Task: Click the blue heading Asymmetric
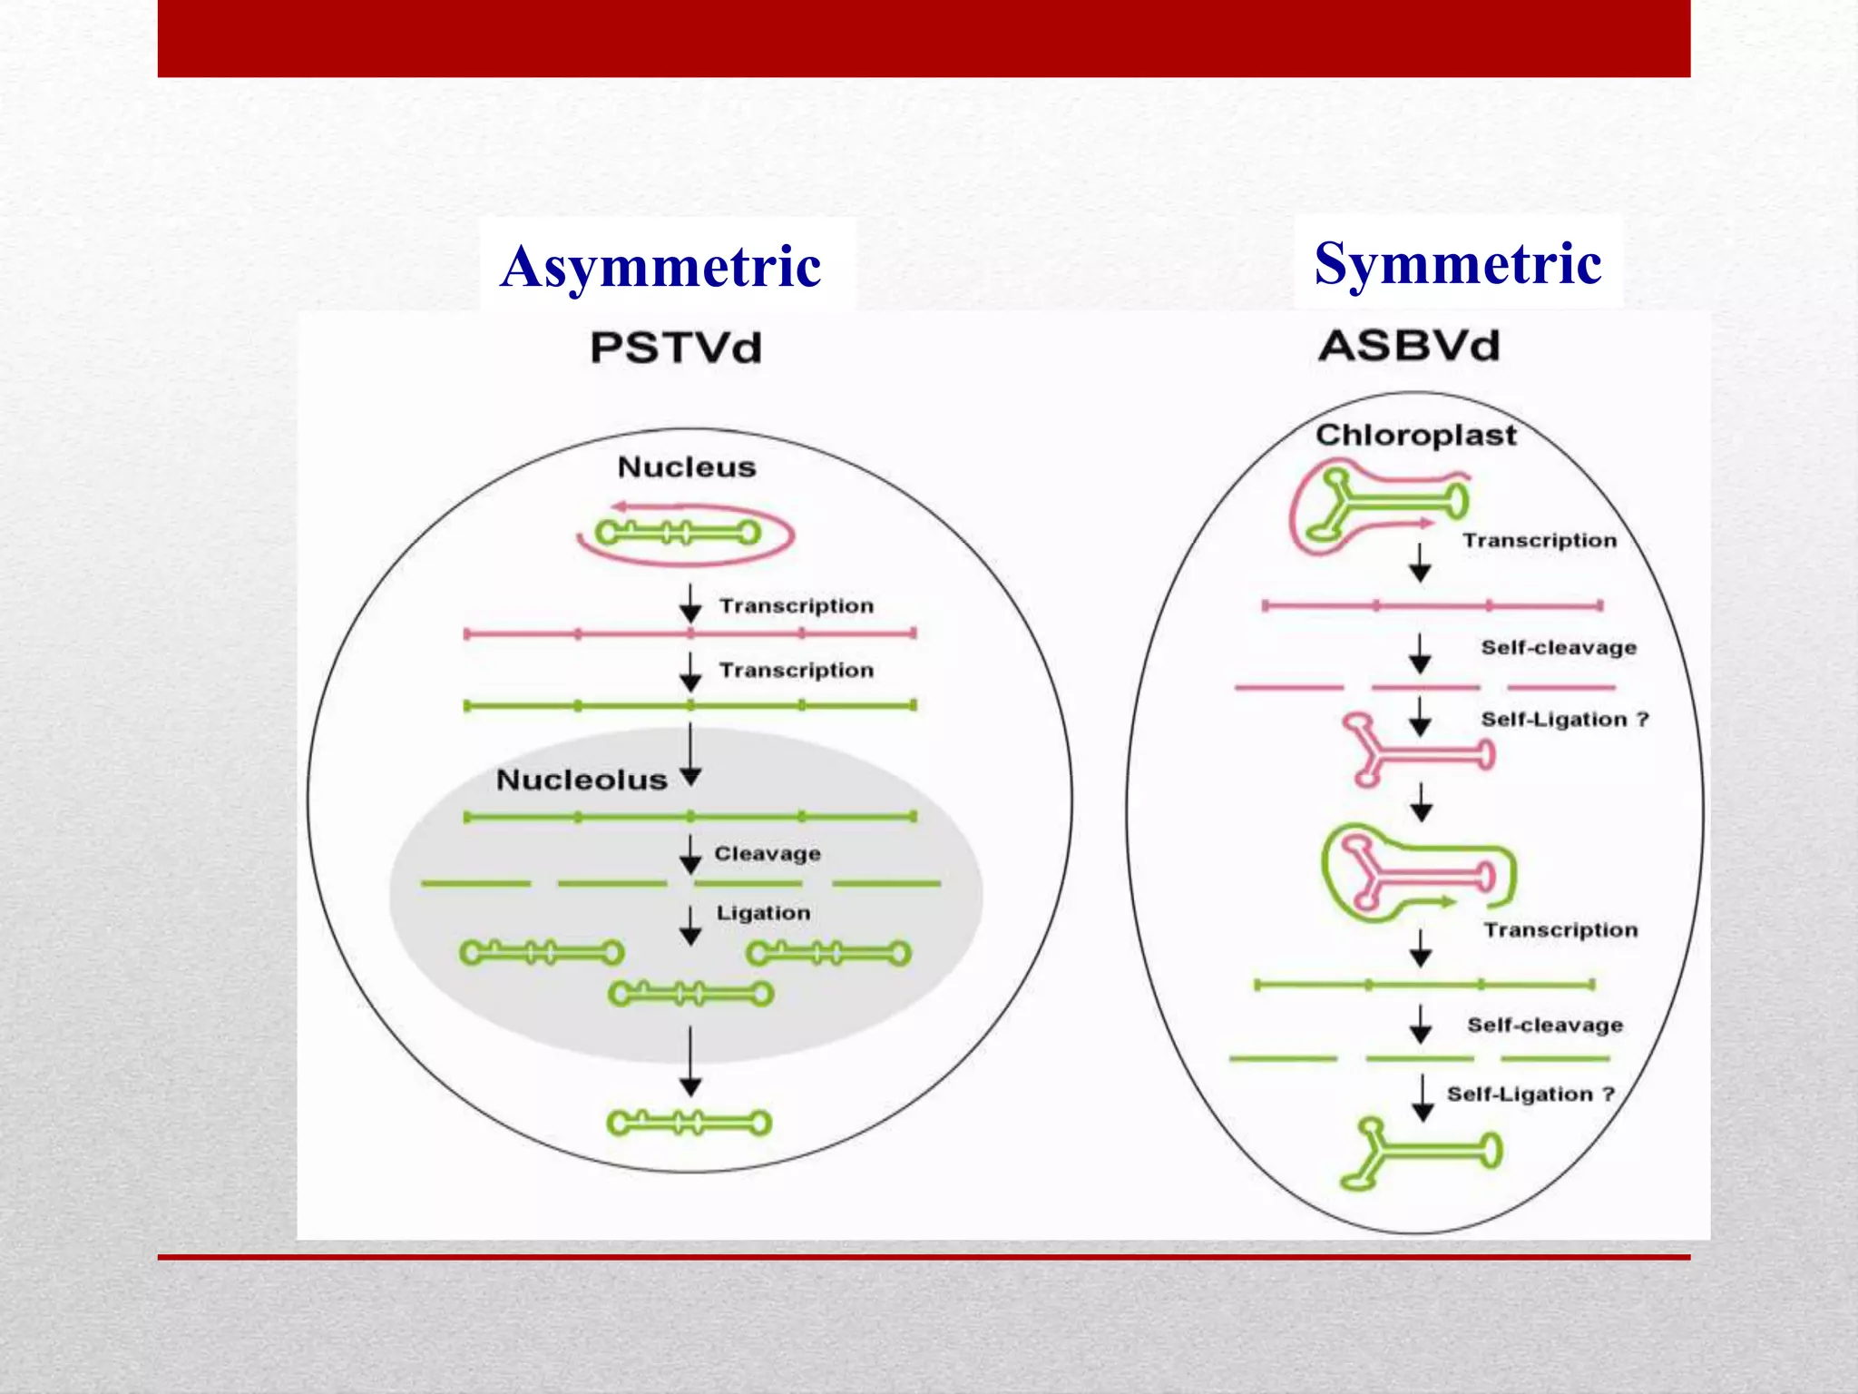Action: click(660, 267)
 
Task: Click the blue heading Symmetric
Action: click(1457, 264)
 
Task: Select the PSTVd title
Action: click(676, 348)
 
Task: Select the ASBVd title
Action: click(1409, 346)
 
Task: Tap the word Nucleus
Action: click(686, 467)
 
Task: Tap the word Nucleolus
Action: click(582, 780)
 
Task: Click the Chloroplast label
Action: click(1415, 435)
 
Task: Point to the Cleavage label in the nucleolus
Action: click(767, 854)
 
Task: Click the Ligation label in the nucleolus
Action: click(763, 913)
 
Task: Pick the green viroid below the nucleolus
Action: click(689, 1124)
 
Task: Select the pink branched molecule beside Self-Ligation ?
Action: click(1415, 751)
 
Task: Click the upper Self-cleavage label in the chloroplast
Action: click(1558, 648)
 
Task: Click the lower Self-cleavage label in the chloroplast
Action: click(1544, 1026)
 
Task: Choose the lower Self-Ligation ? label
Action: click(1530, 1095)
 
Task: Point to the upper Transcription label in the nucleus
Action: click(796, 606)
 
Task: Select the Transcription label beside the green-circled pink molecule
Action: click(1560, 930)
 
